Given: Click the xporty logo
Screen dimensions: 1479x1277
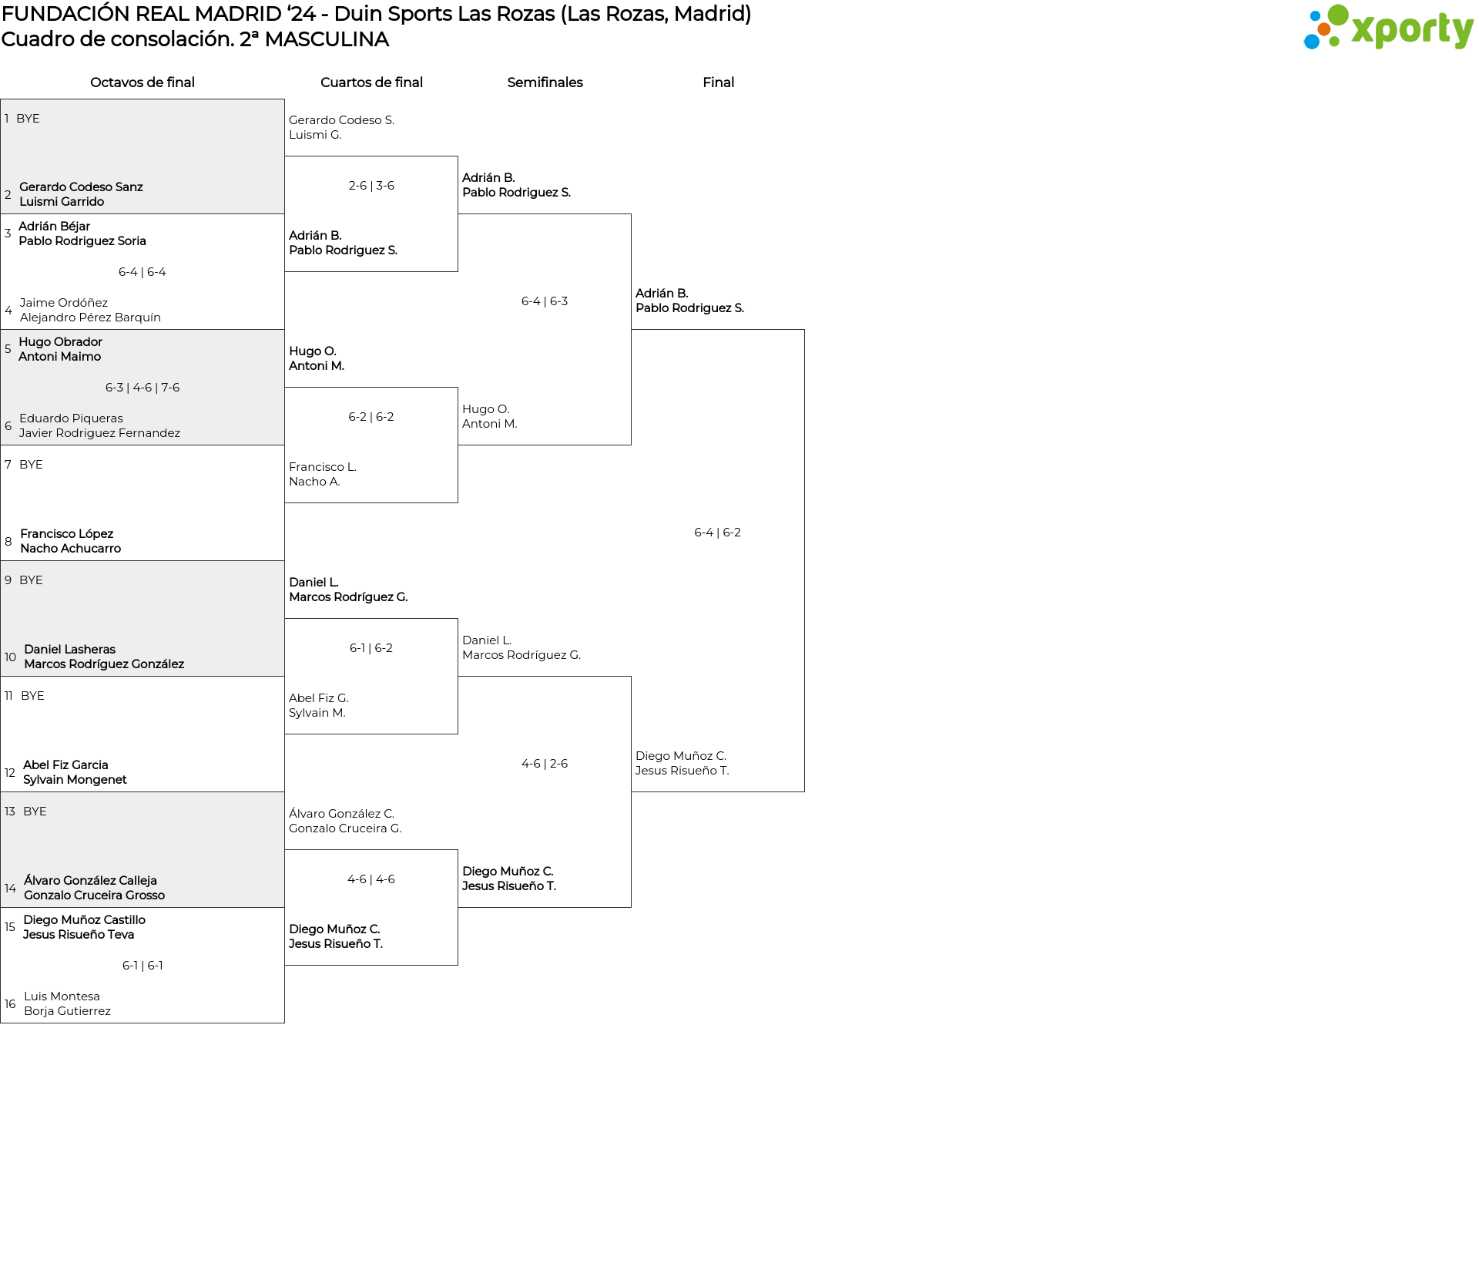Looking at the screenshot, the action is click(x=1388, y=28).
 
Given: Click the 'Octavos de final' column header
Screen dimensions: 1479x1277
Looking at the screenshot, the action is click(x=143, y=82).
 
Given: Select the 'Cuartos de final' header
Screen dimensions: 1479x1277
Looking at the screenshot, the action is click(x=371, y=82).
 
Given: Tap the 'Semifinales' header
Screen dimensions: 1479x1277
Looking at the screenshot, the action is click(x=545, y=82).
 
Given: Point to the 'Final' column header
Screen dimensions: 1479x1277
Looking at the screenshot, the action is click(x=718, y=82).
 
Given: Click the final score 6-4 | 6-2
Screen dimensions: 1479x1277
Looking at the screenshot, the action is click(x=717, y=533).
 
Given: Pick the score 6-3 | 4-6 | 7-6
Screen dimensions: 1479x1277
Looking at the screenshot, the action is click(x=143, y=388).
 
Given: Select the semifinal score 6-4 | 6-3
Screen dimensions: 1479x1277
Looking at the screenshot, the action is click(x=545, y=301).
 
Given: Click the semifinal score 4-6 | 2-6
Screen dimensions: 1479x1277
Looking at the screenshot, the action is click(x=545, y=764).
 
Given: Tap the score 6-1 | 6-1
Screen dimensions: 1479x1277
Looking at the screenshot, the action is click(x=143, y=966).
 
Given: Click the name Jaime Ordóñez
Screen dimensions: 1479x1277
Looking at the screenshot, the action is click(x=64, y=303).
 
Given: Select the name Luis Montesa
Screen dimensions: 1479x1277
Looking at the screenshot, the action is click(x=62, y=996).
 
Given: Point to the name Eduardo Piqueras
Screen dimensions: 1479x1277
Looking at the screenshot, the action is click(x=71, y=418).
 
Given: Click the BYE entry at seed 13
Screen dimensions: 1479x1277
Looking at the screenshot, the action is click(x=35, y=812).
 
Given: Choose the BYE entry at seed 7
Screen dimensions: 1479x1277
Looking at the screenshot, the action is click(x=31, y=465).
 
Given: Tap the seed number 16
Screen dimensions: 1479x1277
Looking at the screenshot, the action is click(x=10, y=1004).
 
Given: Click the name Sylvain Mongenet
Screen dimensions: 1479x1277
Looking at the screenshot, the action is click(x=75, y=780).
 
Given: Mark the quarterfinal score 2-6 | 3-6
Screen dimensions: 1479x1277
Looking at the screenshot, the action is click(x=371, y=186).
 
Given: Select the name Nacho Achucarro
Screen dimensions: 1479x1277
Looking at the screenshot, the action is click(x=71, y=549).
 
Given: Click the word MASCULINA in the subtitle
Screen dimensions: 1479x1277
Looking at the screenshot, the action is click(x=327, y=39).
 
